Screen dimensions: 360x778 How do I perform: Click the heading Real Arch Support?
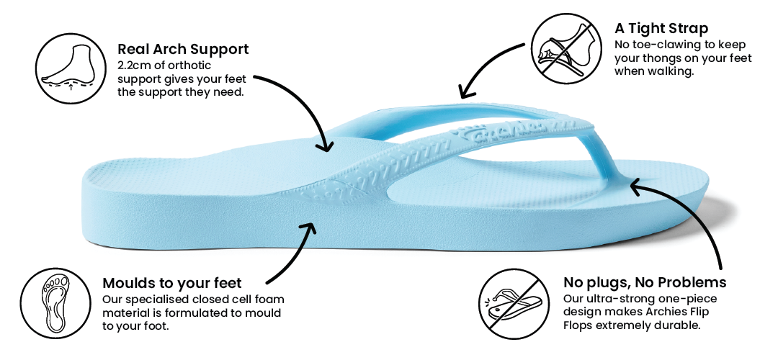coord(183,50)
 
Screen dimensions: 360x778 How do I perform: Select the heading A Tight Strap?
coord(661,29)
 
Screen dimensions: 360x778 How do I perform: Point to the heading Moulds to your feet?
coord(172,282)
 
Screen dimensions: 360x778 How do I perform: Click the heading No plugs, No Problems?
coord(645,282)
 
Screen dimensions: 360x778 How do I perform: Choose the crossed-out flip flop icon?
coord(511,302)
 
